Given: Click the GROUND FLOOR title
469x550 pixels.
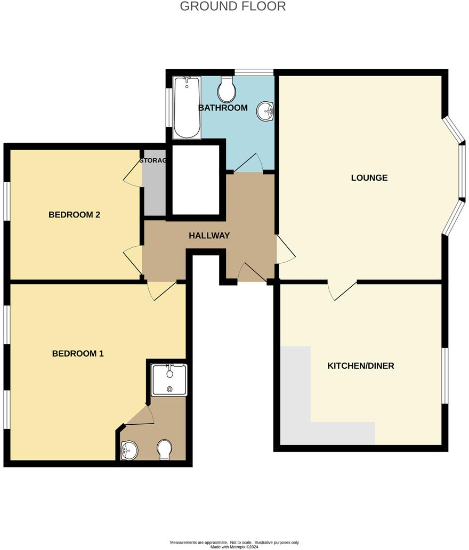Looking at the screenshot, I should (233, 6).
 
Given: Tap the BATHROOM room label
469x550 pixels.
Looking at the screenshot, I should (223, 108).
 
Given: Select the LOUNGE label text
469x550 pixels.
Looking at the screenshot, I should (369, 177).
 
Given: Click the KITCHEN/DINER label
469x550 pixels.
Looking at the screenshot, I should (360, 366).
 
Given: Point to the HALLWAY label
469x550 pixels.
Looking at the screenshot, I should (209, 235).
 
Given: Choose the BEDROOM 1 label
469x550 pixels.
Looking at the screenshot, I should (78, 353).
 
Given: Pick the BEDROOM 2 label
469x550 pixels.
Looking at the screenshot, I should (75, 215).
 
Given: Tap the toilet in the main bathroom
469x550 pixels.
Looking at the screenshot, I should (228, 90).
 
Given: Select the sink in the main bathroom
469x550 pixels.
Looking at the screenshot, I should (265, 111).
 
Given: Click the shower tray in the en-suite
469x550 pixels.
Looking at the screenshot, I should (169, 379).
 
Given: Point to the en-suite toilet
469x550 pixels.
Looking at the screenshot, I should (165, 449).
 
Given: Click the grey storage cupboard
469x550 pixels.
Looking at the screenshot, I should (153, 189).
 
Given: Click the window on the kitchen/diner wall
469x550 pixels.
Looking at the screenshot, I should (445, 376).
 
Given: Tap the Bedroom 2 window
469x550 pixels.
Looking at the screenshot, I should (7, 201).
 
